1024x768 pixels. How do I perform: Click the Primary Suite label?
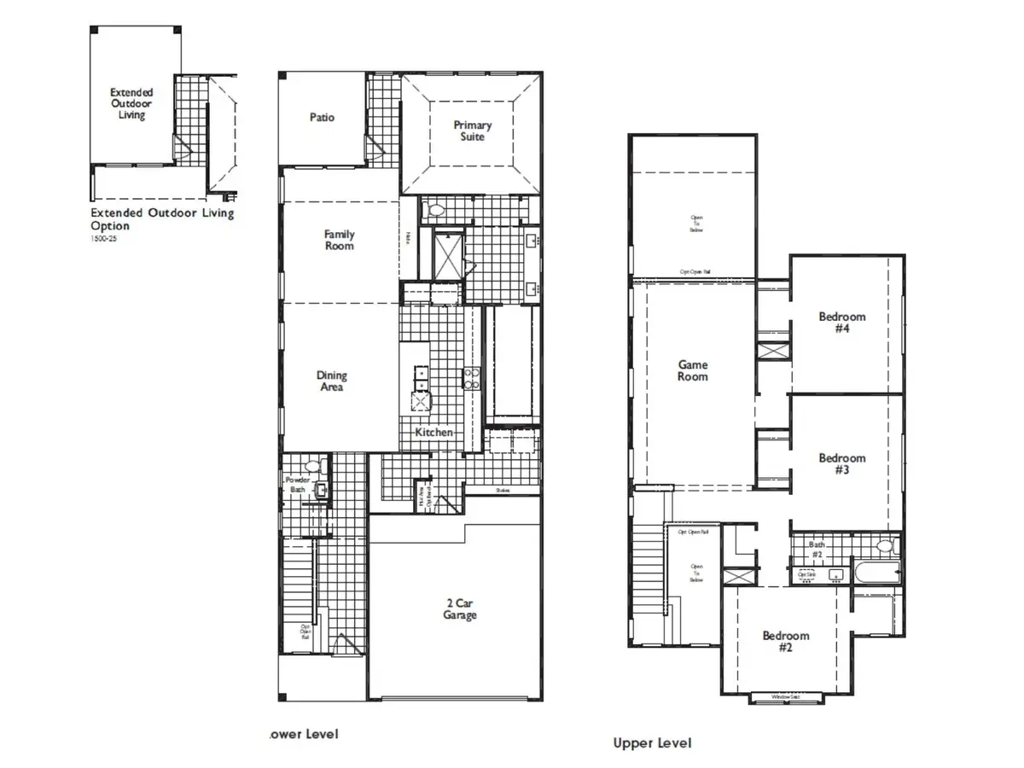tap(472, 131)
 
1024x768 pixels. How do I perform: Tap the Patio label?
tap(322, 118)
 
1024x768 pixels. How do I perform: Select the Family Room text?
tap(339, 240)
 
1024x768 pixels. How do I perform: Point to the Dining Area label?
tap(332, 381)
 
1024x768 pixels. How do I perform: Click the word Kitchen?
tap(433, 433)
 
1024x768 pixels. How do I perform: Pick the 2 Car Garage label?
tap(459, 609)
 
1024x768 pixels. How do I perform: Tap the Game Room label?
tap(692, 370)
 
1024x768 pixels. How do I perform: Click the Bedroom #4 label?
tap(841, 323)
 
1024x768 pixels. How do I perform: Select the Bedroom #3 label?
tap(841, 464)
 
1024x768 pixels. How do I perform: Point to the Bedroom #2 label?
tap(785, 642)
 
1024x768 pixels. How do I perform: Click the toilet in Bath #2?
tap(884, 546)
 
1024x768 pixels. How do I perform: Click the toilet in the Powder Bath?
tap(313, 467)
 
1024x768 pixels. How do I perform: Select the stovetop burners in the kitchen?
tap(470, 378)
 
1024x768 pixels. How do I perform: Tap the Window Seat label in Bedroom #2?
tap(785, 697)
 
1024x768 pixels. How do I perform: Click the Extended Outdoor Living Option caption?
tap(161, 219)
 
